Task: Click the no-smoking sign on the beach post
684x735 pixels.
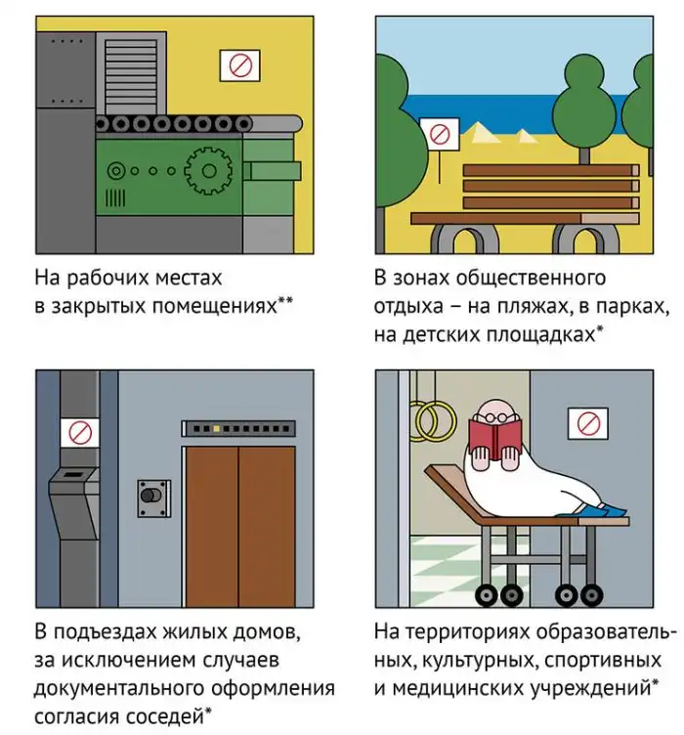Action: [442, 133]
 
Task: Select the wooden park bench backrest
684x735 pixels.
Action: [550, 186]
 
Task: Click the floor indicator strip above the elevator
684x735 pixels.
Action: [239, 428]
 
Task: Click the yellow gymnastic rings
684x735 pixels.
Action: [429, 421]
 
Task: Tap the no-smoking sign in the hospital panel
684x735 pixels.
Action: [587, 423]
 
